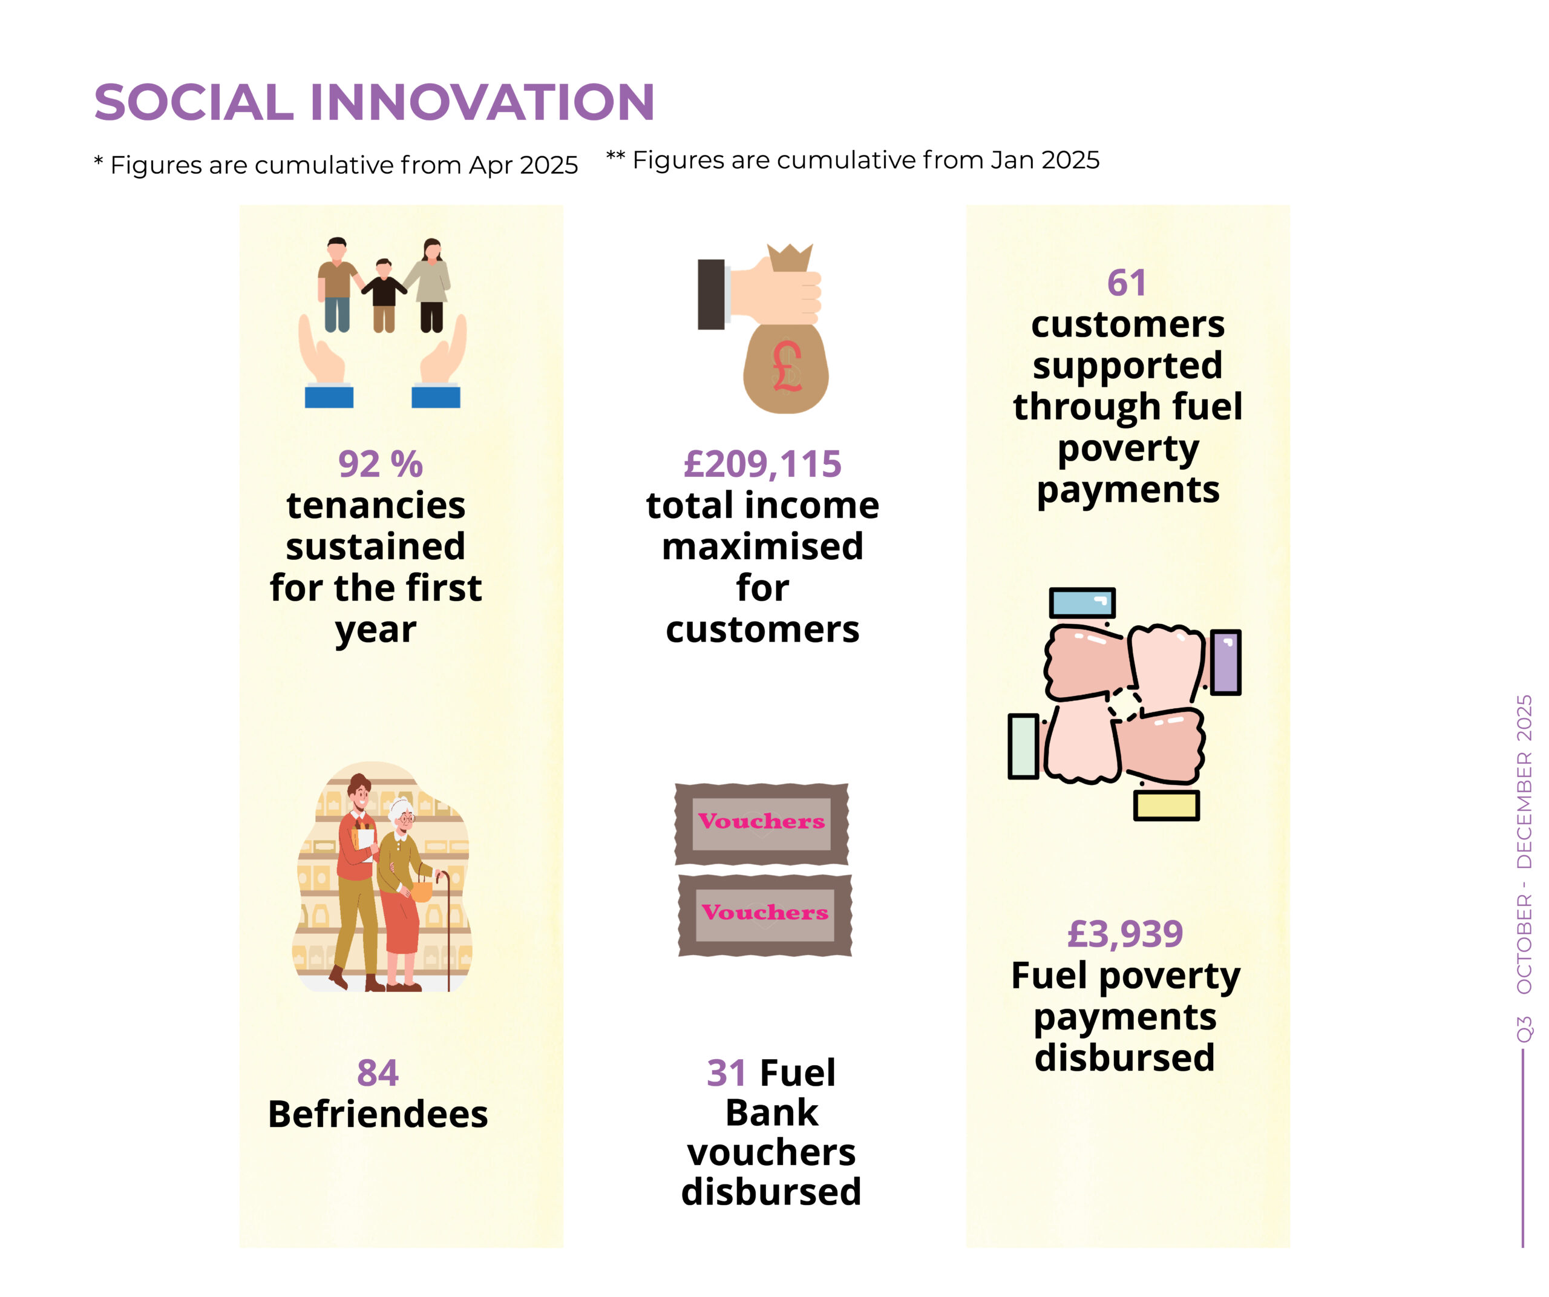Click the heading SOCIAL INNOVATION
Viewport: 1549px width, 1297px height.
click(374, 102)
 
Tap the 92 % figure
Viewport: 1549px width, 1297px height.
click(380, 465)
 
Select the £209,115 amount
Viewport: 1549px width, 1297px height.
click(762, 465)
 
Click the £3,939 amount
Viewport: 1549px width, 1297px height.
click(1125, 934)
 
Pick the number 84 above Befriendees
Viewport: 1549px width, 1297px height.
click(378, 1072)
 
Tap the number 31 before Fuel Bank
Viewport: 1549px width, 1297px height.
click(727, 1072)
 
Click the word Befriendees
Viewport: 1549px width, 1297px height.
click(378, 1114)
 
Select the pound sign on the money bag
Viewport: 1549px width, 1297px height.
click(787, 367)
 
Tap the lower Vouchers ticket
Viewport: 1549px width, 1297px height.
click(765, 916)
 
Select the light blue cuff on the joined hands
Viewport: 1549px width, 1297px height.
click(1082, 603)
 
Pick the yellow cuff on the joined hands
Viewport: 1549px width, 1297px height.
click(1166, 806)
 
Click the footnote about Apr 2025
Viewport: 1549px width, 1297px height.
click(336, 165)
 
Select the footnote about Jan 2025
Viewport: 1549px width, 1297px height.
click(853, 160)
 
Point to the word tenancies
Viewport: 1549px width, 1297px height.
click(376, 506)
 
